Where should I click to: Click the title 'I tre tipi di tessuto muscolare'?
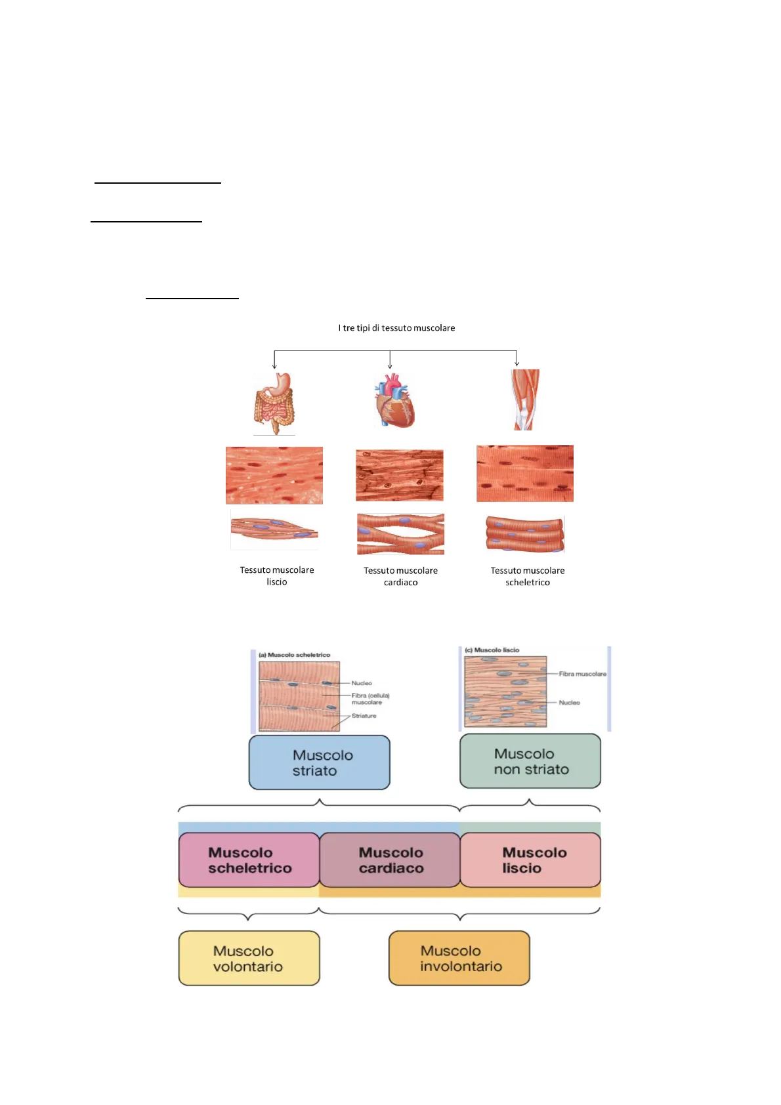[x=396, y=328]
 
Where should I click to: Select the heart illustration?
[x=395, y=400]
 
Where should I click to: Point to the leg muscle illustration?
[x=525, y=399]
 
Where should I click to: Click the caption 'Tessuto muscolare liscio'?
[x=277, y=576]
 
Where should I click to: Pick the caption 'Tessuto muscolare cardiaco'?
[x=400, y=577]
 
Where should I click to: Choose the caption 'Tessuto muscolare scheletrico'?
[x=528, y=577]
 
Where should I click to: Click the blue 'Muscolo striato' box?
[x=320, y=762]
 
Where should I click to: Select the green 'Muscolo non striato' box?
[x=530, y=761]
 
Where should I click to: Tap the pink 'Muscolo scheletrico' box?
[x=249, y=860]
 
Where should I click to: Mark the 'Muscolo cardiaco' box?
[x=390, y=860]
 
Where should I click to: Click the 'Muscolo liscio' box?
[x=531, y=860]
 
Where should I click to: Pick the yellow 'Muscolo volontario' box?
[x=249, y=958]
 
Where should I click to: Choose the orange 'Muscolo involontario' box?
[x=459, y=958]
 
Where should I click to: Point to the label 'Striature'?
[x=364, y=716]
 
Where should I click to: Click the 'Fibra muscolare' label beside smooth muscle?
[x=582, y=674]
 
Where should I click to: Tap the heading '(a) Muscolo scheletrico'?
[x=295, y=655]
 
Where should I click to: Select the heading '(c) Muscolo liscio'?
[x=492, y=650]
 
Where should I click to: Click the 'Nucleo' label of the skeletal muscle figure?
[x=362, y=683]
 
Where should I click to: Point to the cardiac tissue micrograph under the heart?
[x=400, y=476]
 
